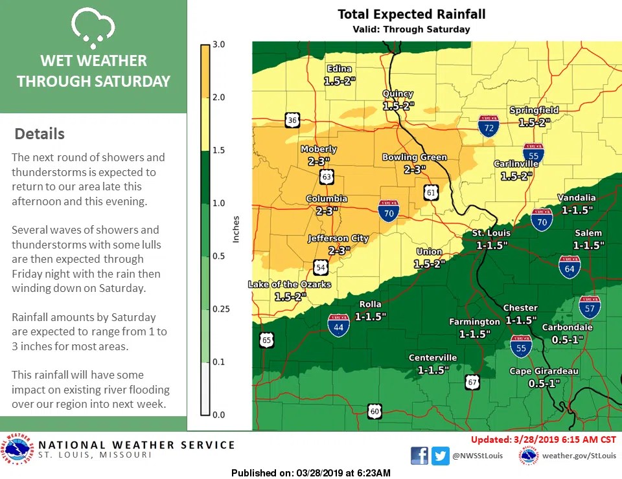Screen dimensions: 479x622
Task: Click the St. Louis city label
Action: coord(490,233)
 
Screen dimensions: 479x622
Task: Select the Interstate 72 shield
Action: coord(489,126)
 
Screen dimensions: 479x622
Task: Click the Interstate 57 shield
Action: coord(590,307)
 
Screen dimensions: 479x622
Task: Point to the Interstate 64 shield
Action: coord(570,267)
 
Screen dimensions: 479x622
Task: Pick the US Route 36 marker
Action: coord(292,120)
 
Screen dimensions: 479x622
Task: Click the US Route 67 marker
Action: coord(473,382)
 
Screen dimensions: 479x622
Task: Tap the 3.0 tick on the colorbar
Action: coord(218,45)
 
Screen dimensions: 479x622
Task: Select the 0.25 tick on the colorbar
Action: coord(221,309)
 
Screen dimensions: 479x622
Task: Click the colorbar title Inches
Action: coord(236,229)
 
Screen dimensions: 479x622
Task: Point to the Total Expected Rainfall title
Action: coord(411,14)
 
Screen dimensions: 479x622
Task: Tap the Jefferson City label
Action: coord(338,238)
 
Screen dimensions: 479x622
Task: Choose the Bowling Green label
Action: coord(415,157)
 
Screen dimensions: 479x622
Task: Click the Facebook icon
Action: coord(419,456)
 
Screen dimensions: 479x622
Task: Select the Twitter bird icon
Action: coord(441,456)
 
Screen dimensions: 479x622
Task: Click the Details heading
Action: coord(40,134)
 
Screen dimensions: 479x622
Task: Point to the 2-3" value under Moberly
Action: coord(319,161)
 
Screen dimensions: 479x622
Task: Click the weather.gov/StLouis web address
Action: coord(579,456)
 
